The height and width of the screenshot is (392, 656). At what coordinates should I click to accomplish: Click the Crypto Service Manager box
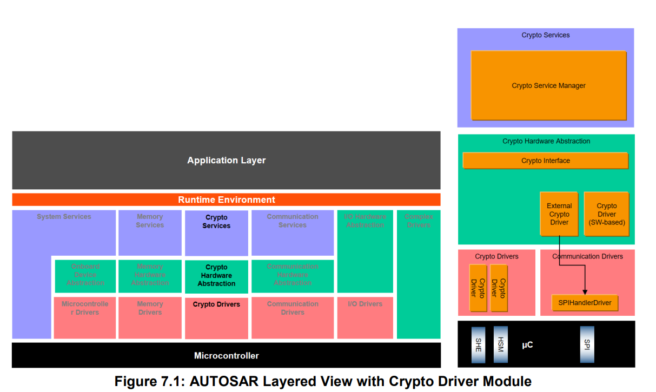548,85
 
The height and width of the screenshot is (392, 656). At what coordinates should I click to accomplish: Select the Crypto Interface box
545,161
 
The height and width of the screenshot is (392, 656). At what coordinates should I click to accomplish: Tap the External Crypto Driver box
559,214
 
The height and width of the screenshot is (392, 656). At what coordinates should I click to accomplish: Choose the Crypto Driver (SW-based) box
606,214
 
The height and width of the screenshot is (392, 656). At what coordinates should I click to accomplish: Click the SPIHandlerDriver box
585,303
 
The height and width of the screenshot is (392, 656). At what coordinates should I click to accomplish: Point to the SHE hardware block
479,344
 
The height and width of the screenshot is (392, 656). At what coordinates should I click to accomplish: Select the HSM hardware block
501,344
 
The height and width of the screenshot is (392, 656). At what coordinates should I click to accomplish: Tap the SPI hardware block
587,344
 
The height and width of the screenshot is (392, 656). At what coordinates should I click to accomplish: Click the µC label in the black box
527,344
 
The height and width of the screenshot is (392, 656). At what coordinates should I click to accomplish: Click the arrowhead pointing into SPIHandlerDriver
585,292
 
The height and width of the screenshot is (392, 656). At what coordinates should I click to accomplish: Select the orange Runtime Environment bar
226,200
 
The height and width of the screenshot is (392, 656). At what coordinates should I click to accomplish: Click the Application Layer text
226,161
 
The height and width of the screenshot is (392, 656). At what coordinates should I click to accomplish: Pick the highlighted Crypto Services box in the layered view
216,232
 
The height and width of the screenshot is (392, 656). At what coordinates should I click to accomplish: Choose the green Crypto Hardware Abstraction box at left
216,276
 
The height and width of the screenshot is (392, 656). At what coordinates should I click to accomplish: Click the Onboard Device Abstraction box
85,275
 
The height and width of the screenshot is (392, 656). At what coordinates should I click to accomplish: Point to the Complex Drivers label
418,221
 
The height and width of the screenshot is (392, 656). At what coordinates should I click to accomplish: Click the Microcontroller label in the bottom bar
226,356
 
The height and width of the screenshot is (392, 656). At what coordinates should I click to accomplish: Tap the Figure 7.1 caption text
323,381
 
